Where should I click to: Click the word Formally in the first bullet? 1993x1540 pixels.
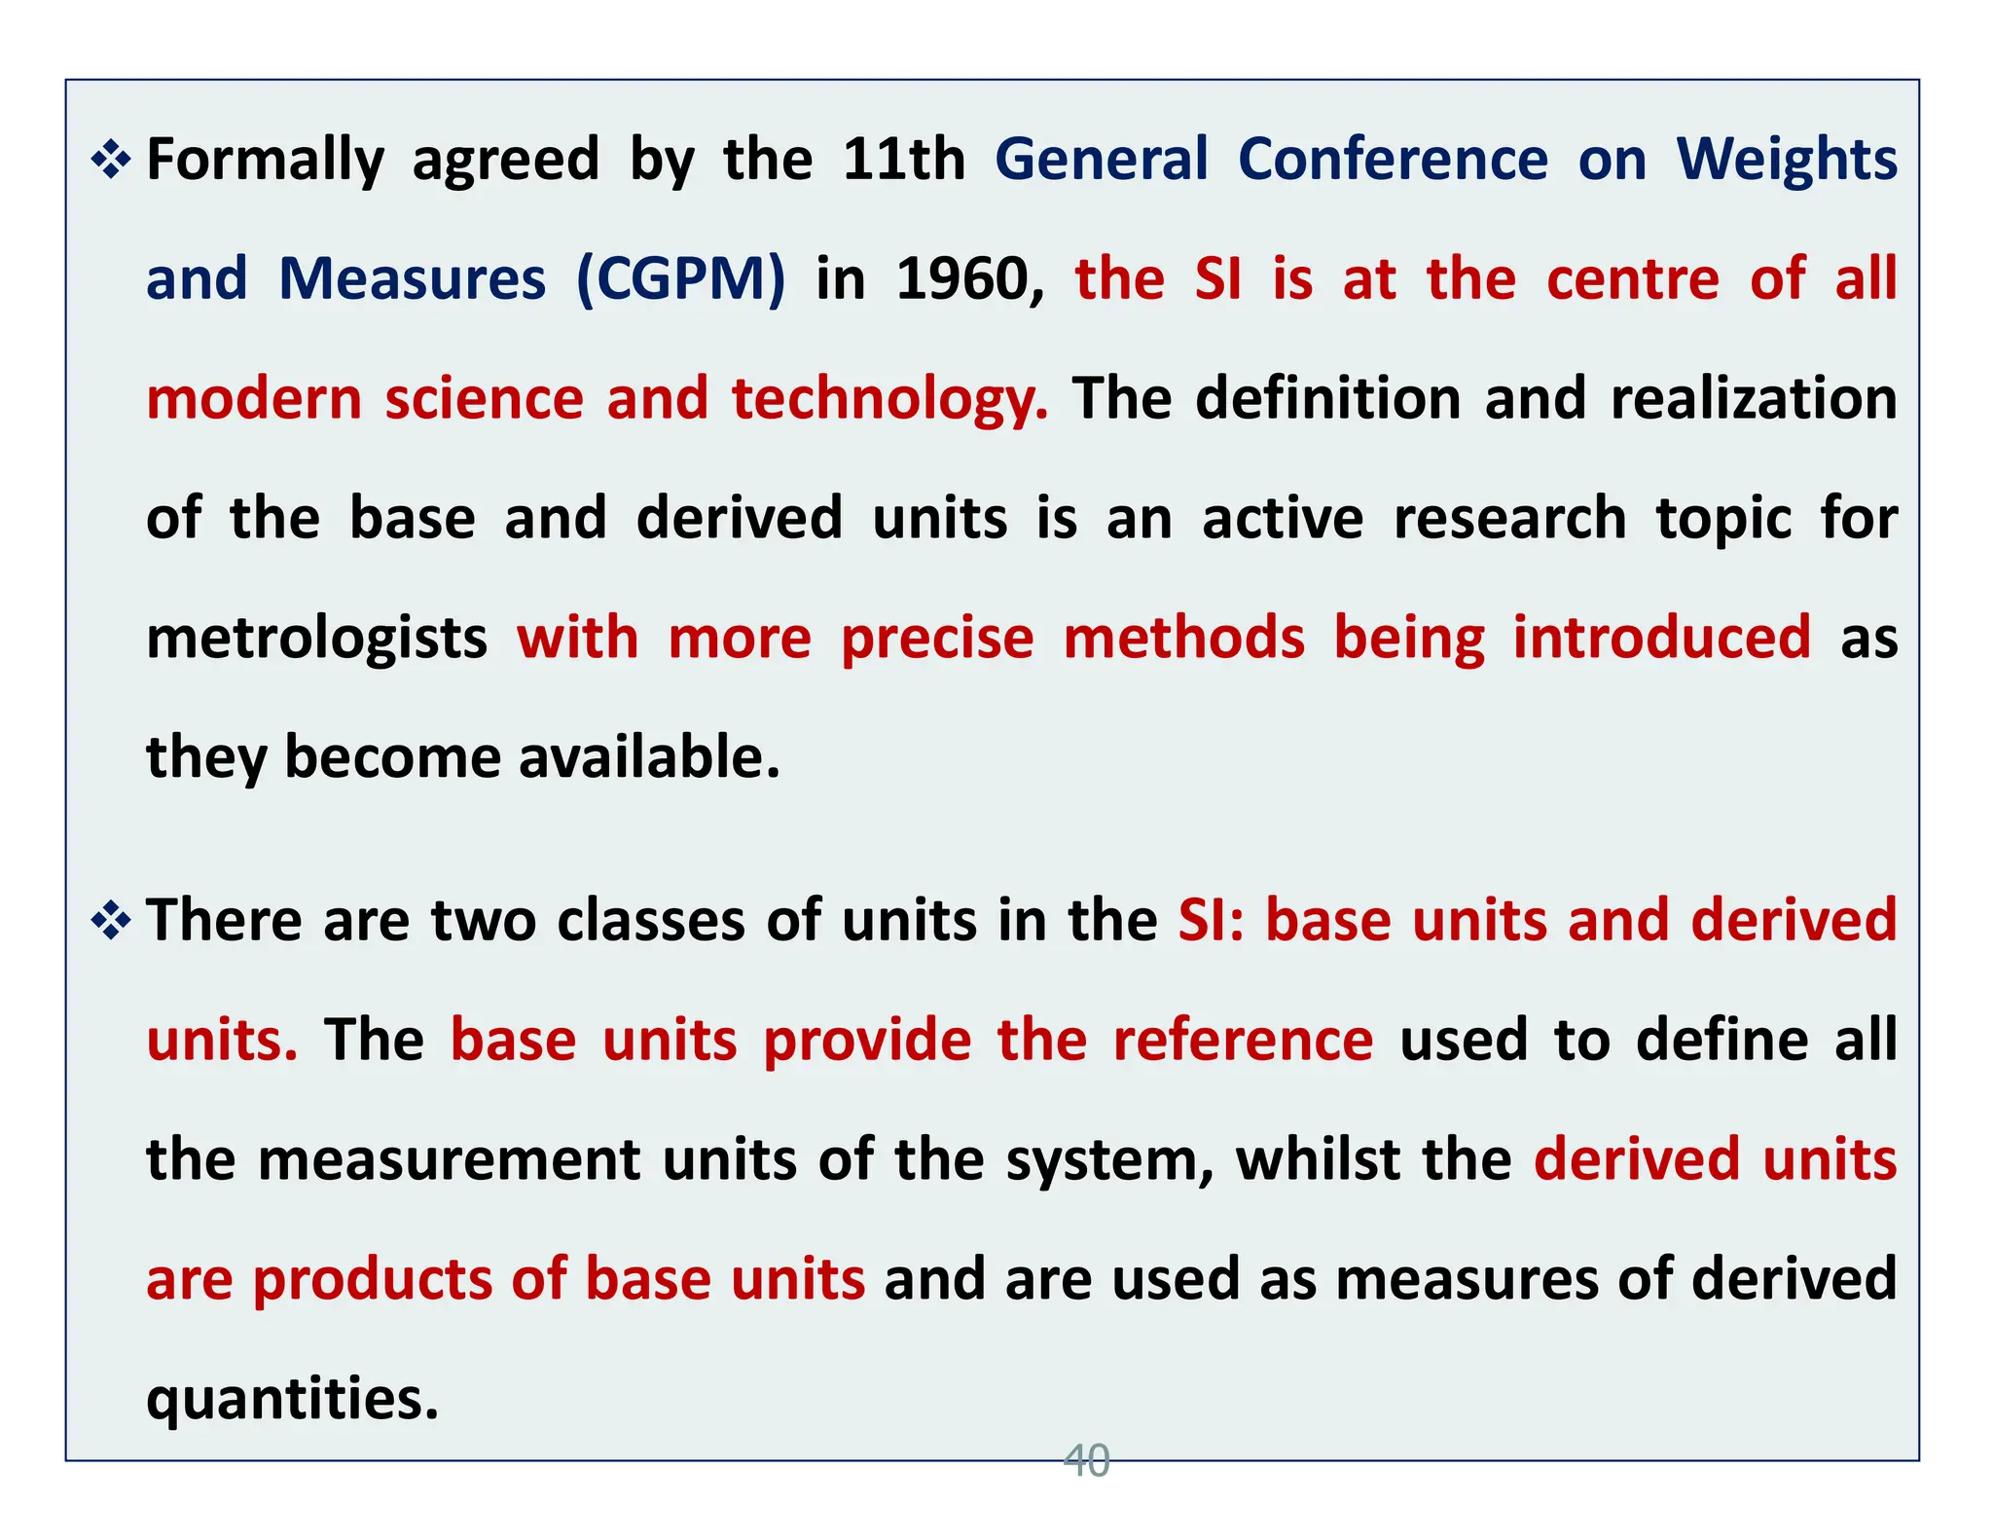[x=265, y=161]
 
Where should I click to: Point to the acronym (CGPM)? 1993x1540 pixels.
[x=680, y=279]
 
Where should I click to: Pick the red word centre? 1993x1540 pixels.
[x=1633, y=279]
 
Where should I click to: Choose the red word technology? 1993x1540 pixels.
[x=889, y=400]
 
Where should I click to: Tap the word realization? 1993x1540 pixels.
[x=1754, y=399]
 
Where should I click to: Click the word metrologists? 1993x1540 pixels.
[x=316, y=639]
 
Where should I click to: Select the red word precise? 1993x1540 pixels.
[x=937, y=639]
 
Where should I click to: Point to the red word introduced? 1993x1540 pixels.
[x=1662, y=638]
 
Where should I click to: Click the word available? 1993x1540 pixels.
[x=649, y=757]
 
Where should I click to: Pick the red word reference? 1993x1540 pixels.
[x=1243, y=1040]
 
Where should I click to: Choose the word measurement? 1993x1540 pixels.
[x=449, y=1160]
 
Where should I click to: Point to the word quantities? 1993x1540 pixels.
[x=292, y=1400]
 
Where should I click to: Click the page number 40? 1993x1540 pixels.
[x=1086, y=1461]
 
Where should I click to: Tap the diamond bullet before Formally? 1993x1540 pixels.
[x=111, y=161]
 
